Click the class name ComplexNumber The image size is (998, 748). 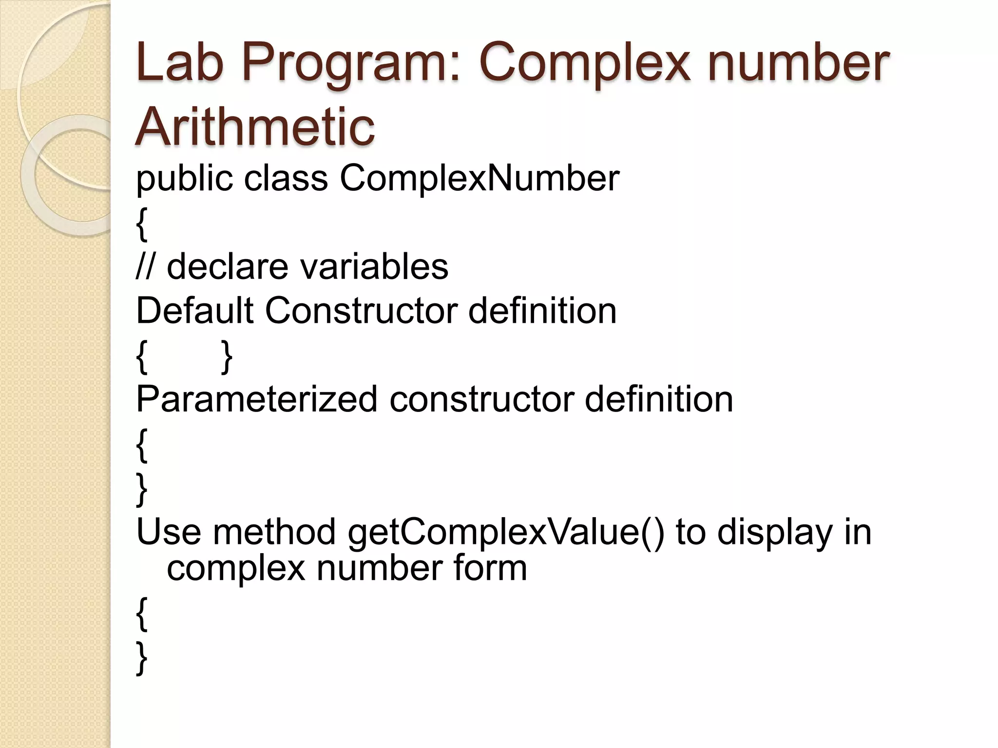479,178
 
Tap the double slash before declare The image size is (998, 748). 145,266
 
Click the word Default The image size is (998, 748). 194,310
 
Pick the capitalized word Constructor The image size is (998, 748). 361,310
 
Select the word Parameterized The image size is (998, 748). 256,399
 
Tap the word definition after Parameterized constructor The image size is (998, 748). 658,399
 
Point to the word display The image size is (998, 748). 775,532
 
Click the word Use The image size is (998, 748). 168,532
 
